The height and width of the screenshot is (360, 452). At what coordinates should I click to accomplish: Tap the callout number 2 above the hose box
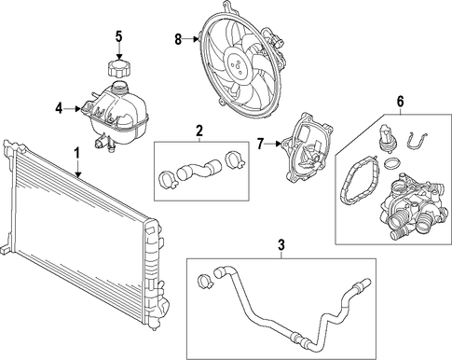[x=199, y=131]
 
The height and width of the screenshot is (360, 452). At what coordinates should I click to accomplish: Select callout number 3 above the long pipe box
[x=281, y=245]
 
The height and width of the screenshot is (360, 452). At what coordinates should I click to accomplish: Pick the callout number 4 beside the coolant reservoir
[x=60, y=109]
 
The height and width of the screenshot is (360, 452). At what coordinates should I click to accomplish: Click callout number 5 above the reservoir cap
[x=119, y=36]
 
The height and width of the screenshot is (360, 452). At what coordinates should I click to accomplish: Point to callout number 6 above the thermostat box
[x=400, y=102]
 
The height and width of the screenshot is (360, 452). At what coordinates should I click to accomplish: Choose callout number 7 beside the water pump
[x=261, y=144]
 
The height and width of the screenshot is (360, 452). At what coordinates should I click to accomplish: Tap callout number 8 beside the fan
[x=178, y=39]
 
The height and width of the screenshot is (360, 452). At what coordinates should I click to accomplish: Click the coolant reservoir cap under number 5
[x=119, y=67]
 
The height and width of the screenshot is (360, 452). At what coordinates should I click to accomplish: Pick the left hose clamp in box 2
[x=168, y=180]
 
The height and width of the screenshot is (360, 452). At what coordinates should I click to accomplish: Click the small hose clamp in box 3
[x=204, y=281]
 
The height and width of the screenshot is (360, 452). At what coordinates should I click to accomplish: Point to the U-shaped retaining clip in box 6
[x=417, y=140]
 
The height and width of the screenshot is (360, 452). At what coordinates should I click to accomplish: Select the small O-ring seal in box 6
[x=393, y=163]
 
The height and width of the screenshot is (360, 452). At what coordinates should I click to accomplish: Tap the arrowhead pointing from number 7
[x=279, y=144]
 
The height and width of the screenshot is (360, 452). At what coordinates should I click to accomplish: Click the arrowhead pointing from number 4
[x=78, y=109]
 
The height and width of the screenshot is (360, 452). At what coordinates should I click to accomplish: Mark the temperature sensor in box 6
[x=385, y=138]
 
